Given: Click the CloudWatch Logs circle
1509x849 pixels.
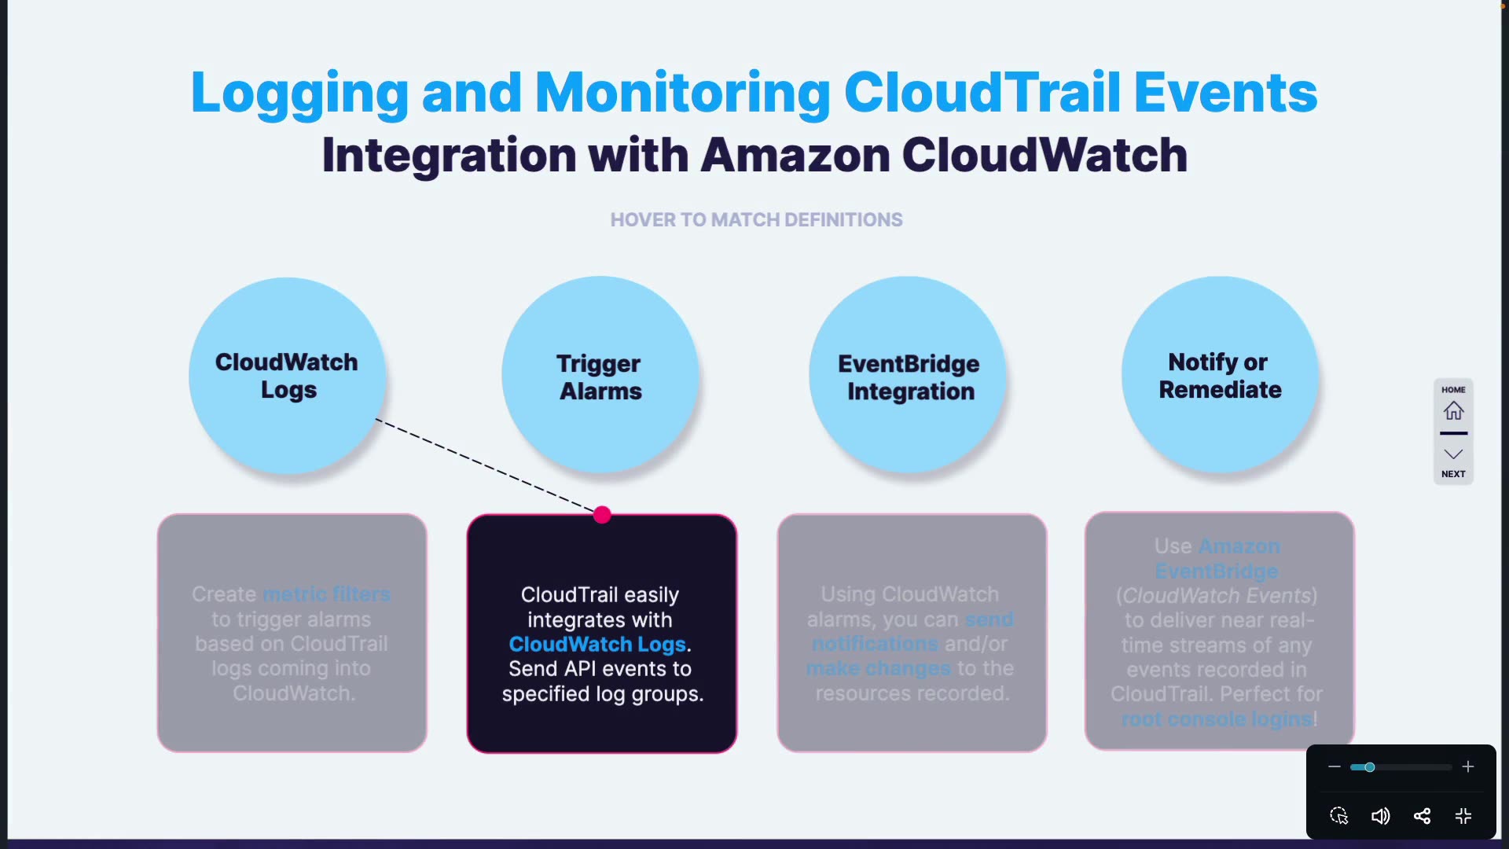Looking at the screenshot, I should click(287, 376).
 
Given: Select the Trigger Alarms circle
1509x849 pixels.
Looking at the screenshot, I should click(600, 376).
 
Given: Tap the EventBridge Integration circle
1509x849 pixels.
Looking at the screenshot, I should click(908, 376).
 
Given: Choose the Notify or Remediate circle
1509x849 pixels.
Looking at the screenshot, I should click(1220, 376).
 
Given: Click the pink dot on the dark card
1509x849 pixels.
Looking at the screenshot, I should click(602, 515).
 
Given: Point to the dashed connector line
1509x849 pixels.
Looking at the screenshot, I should click(487, 466).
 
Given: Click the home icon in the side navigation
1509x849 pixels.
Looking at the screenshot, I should click(1453, 410).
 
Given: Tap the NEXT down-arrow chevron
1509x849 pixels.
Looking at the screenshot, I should click(1453, 454).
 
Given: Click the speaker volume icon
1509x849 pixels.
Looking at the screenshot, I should click(1380, 816).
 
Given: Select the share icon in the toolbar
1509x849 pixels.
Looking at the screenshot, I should click(1422, 816).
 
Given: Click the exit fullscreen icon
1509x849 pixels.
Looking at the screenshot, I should click(1463, 816).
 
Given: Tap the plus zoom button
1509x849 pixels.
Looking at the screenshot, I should click(1467, 766).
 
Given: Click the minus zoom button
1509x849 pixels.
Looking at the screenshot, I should click(1335, 766).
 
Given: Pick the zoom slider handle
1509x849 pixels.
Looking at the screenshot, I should click(1369, 766).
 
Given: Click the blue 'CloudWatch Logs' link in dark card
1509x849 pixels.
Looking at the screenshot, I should click(597, 644).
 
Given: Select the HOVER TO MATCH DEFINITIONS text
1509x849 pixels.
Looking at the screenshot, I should click(756, 220).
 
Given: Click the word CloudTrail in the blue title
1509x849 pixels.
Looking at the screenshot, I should click(982, 92).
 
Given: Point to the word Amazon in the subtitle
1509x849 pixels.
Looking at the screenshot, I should click(795, 155).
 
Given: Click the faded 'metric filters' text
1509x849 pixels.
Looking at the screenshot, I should click(326, 594).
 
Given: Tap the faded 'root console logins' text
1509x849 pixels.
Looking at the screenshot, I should click(1217, 719).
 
